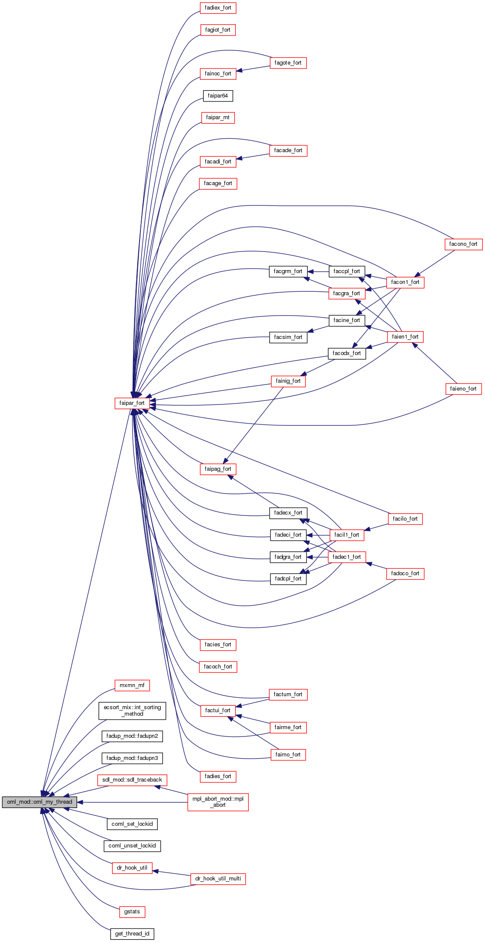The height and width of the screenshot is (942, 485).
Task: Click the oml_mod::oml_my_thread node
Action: (39, 802)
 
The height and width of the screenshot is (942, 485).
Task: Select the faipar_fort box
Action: (132, 403)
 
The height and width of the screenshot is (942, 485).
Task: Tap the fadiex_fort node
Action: (218, 8)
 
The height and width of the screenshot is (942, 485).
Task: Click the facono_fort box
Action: (463, 244)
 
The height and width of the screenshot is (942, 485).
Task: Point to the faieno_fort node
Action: (463, 388)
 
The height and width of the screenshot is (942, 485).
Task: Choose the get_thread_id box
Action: (132, 933)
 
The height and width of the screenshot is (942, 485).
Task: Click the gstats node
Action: (132, 911)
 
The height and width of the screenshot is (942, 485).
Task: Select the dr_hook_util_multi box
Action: (218, 878)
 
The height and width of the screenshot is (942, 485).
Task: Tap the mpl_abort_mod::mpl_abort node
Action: (218, 802)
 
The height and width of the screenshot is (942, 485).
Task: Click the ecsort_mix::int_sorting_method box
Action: (132, 710)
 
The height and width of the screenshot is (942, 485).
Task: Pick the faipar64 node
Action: (218, 95)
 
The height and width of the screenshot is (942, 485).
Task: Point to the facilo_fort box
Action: (405, 518)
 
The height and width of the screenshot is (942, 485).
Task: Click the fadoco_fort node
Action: (405, 573)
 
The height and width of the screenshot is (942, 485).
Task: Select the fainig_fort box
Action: (288, 381)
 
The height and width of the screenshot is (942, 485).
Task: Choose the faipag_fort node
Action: (218, 469)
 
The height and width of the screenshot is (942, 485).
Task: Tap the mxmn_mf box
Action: (132, 685)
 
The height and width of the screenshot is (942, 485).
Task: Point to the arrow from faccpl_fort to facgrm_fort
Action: (319, 271)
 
